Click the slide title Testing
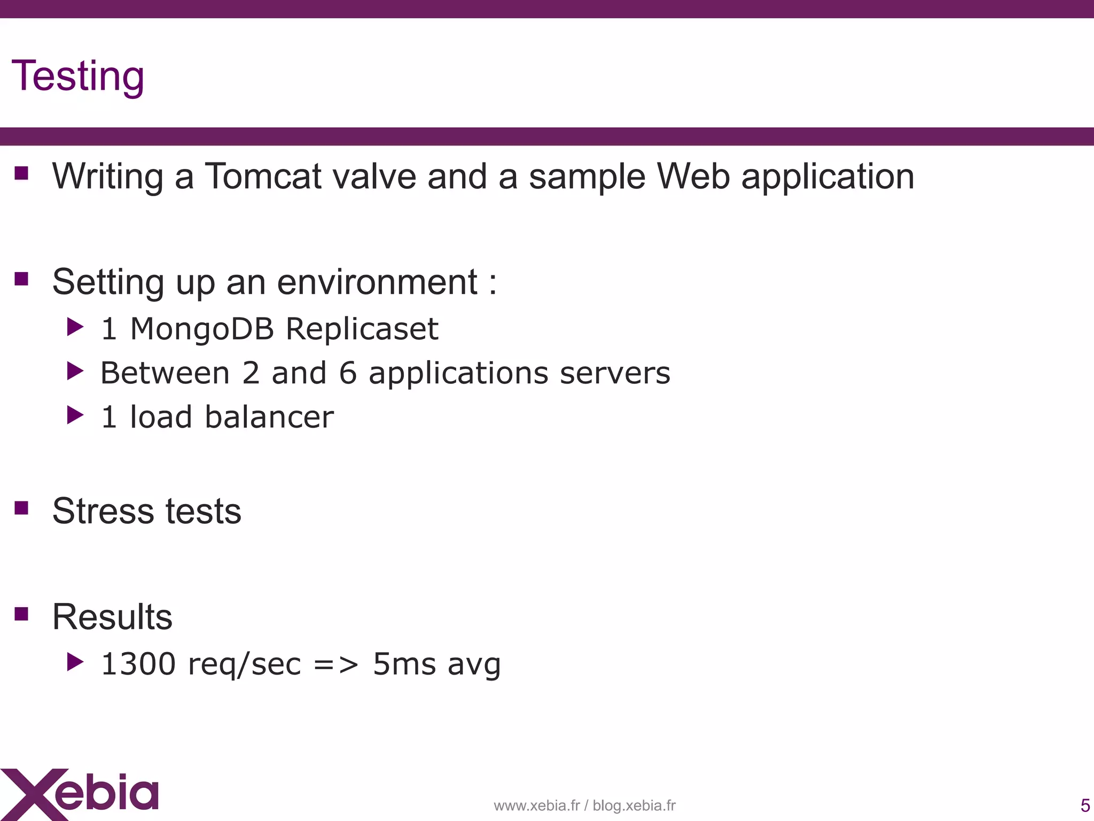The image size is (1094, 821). (x=78, y=76)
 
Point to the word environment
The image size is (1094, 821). (x=377, y=282)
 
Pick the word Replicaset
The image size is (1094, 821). (x=362, y=329)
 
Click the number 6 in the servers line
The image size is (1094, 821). (x=348, y=373)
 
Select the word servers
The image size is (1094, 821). (x=615, y=373)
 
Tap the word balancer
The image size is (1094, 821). (x=269, y=417)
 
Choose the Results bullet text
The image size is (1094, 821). (x=112, y=617)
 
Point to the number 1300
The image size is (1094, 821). (x=138, y=664)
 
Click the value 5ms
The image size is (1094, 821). (x=404, y=664)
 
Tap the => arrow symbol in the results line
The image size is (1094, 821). (x=336, y=664)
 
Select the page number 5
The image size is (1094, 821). (x=1085, y=805)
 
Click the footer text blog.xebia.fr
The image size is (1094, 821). (x=634, y=805)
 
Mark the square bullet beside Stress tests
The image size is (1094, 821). (x=21, y=507)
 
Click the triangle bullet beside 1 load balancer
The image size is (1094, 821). (x=75, y=415)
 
